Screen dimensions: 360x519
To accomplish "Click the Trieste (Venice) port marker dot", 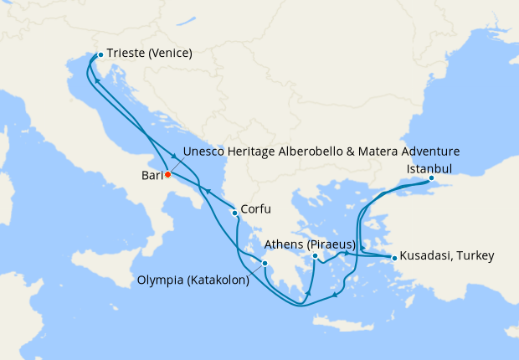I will pyautogui.click(x=100, y=54).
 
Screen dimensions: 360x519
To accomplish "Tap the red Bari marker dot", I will pyautogui.click(x=167, y=175).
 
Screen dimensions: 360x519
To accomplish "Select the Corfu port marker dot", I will pyautogui.click(x=234, y=213).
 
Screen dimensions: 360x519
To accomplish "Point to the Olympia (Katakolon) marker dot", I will pyautogui.click(x=265, y=264).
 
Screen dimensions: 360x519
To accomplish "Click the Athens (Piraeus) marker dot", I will pyautogui.click(x=315, y=255).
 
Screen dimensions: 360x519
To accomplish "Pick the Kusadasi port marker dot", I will pyautogui.click(x=393, y=257).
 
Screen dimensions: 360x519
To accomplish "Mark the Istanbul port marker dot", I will pyautogui.click(x=431, y=178).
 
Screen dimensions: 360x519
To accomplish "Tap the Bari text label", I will pyautogui.click(x=151, y=176).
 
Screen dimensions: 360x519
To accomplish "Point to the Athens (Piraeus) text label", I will pyautogui.click(x=310, y=244).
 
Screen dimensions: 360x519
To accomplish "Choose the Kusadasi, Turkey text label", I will pyautogui.click(x=447, y=255).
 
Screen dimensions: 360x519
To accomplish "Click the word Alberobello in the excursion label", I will pyautogui.click(x=316, y=152).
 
